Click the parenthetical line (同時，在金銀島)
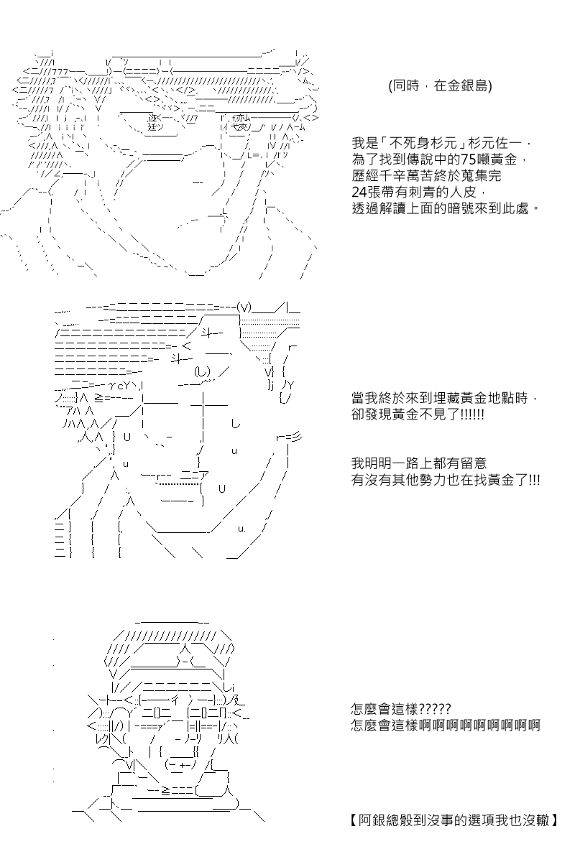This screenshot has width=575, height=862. [440, 85]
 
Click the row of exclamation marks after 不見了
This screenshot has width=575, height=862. [472, 415]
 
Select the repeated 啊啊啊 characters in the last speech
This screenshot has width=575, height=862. [479, 726]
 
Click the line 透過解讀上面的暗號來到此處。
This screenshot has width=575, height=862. [446, 208]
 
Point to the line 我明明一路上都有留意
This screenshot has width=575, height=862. [419, 463]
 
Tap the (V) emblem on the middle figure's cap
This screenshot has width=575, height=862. [244, 307]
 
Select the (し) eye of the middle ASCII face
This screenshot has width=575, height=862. [202, 371]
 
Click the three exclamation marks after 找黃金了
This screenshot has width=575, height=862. [534, 480]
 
